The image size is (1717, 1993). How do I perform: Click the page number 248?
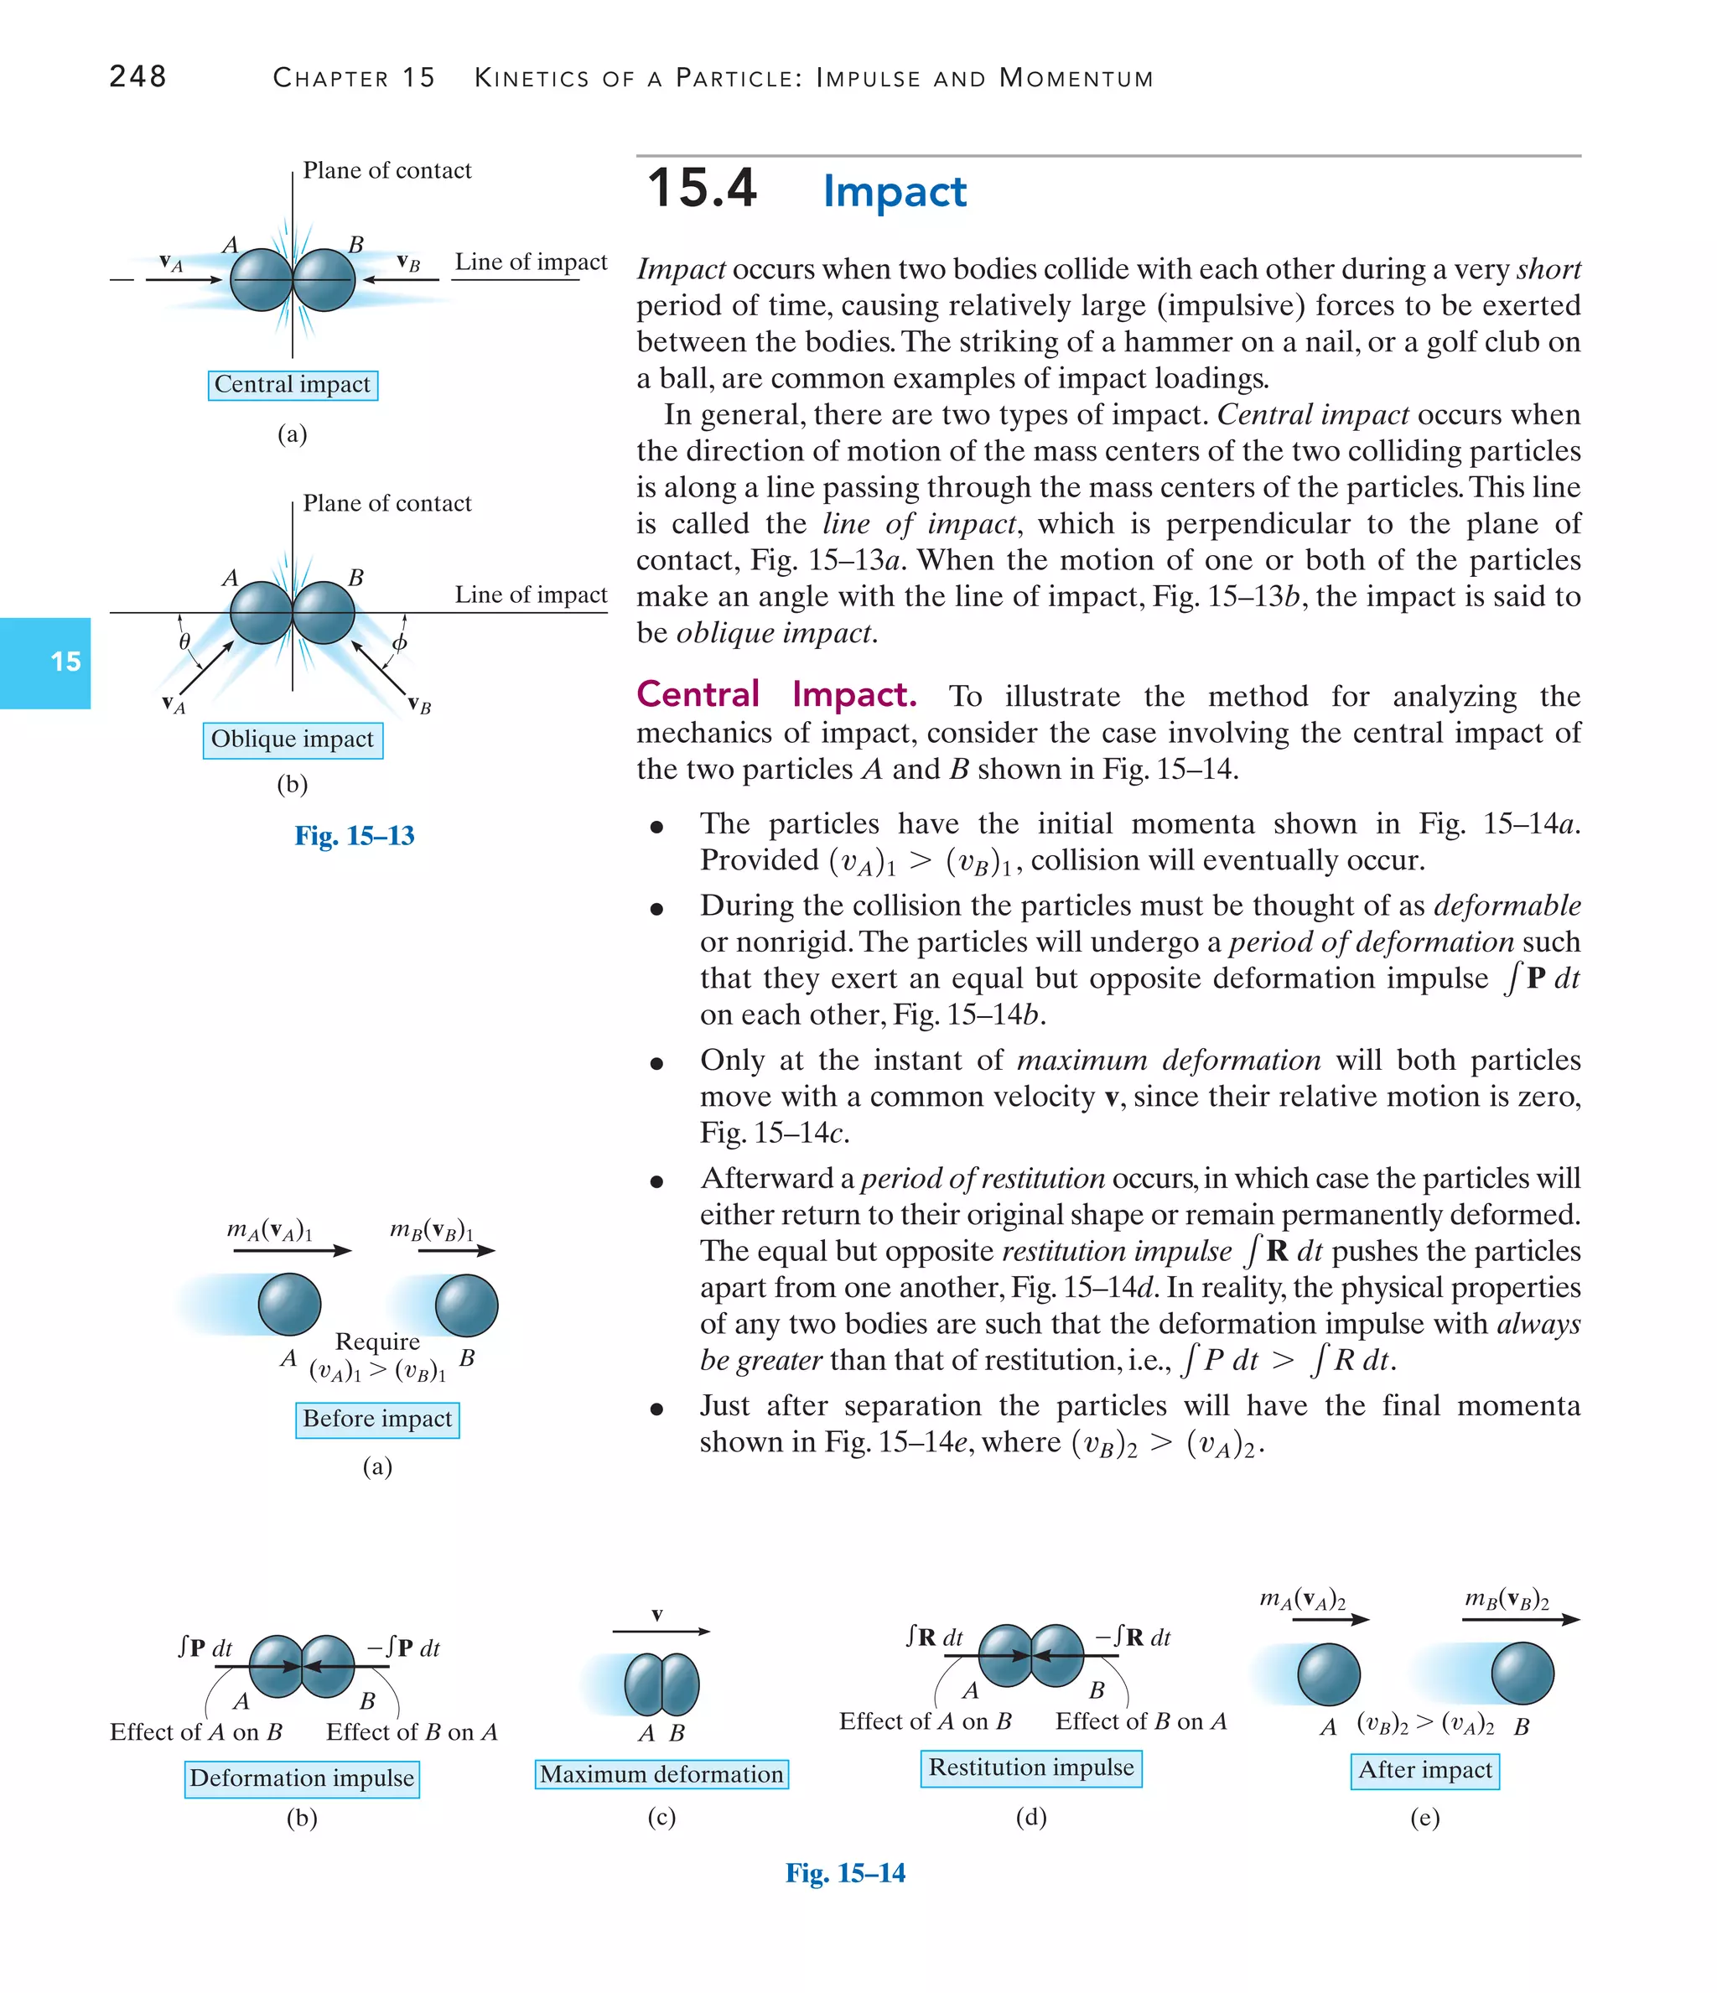click(x=137, y=76)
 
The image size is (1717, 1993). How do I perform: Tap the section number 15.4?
click(x=701, y=188)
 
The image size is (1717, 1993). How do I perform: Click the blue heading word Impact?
click(x=894, y=191)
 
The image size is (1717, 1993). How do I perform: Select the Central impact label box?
click(x=293, y=385)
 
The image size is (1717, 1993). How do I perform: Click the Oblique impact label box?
click(x=293, y=740)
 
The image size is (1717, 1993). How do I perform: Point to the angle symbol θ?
click(x=184, y=641)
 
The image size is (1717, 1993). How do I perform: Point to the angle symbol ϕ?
click(x=400, y=642)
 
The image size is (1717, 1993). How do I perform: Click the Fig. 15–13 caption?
click(x=354, y=835)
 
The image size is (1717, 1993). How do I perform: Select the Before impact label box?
click(x=377, y=1419)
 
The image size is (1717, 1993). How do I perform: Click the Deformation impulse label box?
click(x=302, y=1778)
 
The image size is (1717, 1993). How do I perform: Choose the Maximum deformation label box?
click(x=661, y=1773)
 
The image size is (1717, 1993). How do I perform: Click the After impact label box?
click(x=1424, y=1770)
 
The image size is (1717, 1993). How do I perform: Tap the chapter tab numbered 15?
click(x=65, y=662)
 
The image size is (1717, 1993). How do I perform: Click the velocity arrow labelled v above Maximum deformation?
click(x=661, y=1632)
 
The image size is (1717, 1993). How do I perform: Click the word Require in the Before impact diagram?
click(x=377, y=1342)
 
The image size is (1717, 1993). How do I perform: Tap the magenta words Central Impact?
click(x=776, y=694)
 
